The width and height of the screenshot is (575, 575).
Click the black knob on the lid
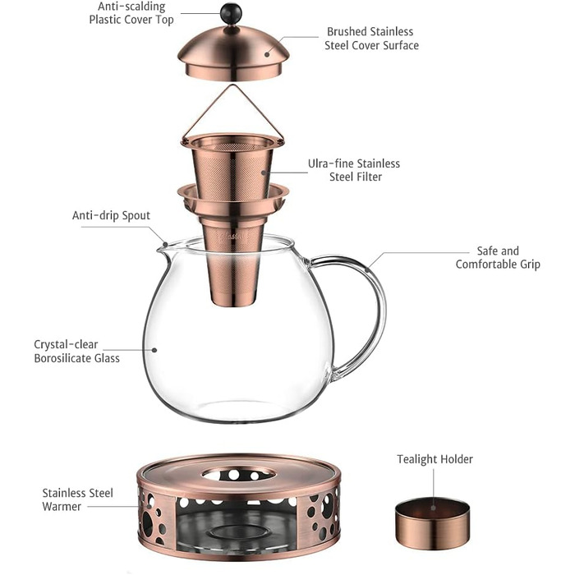(231, 14)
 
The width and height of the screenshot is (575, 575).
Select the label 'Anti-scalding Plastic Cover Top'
(131, 13)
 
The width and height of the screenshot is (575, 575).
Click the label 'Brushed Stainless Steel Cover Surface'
(371, 39)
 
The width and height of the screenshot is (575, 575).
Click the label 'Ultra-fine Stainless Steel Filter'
(354, 170)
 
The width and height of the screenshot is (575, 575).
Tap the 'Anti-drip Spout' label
(111, 215)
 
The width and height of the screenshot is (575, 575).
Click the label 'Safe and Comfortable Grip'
(498, 258)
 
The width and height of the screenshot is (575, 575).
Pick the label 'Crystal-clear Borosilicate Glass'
(76, 352)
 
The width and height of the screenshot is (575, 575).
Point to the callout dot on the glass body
(154, 350)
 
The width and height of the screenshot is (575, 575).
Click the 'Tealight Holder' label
(435, 459)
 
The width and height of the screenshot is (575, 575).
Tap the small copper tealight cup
(432, 523)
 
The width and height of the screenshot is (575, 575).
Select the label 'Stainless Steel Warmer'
(77, 499)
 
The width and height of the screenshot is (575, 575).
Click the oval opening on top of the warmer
(238, 474)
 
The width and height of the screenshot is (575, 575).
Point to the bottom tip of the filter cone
(233, 306)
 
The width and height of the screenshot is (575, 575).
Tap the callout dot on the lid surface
(267, 55)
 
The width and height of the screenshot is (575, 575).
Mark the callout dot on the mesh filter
(264, 172)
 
